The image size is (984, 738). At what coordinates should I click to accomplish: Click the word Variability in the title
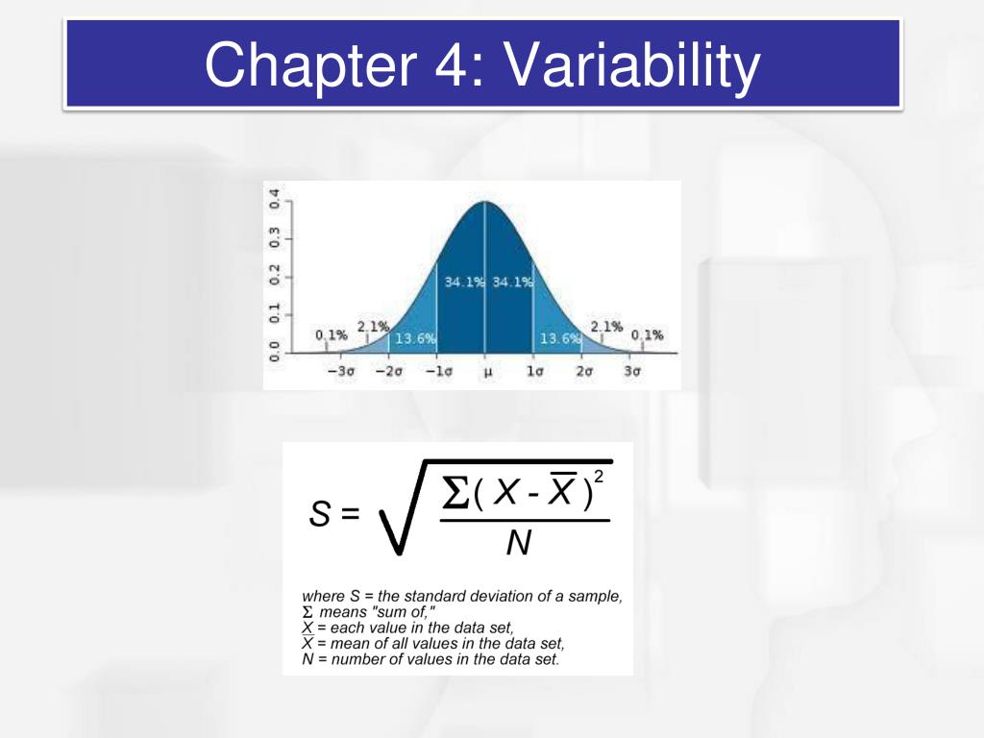click(631, 65)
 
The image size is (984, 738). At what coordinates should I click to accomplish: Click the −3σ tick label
click(340, 371)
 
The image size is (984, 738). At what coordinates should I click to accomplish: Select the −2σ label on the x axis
click(388, 371)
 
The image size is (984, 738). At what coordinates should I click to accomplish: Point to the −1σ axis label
click(437, 371)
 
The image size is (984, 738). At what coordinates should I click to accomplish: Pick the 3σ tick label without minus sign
click(631, 371)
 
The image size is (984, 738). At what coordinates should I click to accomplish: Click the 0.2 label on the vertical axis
click(275, 276)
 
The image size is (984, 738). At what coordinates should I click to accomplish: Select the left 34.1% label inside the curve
click(463, 283)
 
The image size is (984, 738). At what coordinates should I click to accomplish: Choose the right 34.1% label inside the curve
click(511, 283)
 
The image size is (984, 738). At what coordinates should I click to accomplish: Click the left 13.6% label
click(415, 339)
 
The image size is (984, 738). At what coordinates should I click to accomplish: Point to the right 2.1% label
click(606, 327)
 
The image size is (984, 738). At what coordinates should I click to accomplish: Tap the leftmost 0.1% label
click(331, 335)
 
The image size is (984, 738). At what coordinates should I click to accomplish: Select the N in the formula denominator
click(518, 544)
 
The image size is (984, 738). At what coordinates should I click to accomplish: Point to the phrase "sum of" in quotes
click(385, 612)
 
